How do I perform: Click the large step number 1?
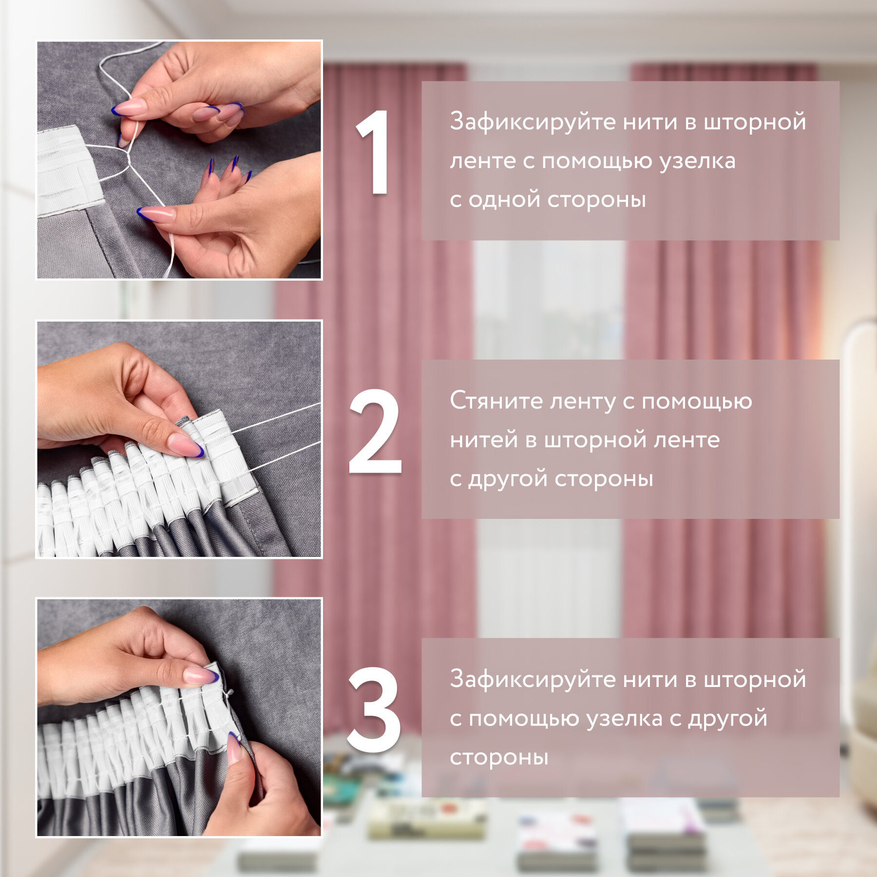374,152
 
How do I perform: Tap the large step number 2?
375,431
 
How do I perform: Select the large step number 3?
374,710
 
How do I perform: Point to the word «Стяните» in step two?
496,401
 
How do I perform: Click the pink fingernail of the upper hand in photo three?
201,675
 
